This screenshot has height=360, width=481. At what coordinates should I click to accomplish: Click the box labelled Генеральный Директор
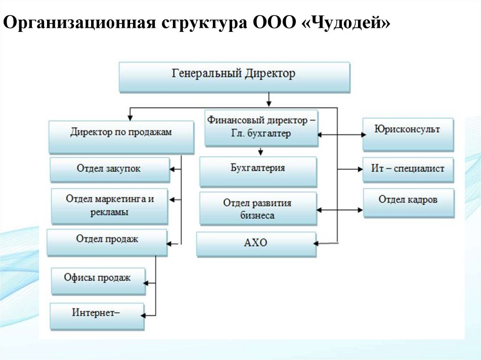234,77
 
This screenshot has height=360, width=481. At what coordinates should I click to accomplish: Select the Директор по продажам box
121,136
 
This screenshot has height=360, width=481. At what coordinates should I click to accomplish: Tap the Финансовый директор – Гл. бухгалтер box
261,127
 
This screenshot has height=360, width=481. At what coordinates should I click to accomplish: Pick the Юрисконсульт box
408,134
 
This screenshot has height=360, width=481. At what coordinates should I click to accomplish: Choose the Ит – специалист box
408,169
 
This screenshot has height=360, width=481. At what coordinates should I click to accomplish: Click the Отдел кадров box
408,202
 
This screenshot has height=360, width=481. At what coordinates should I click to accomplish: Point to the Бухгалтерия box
257,171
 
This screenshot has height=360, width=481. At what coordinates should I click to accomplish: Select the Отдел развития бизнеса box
257,208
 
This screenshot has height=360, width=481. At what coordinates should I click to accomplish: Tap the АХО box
256,243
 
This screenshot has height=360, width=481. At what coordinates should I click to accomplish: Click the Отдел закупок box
109,169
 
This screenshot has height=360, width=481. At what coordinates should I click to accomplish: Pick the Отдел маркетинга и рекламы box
109,206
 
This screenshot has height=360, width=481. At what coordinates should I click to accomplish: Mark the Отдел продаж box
107,242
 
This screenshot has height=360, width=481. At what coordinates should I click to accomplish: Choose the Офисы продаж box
98,280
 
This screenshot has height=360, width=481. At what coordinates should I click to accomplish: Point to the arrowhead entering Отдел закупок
172,169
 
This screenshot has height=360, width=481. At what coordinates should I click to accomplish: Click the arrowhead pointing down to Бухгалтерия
261,153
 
